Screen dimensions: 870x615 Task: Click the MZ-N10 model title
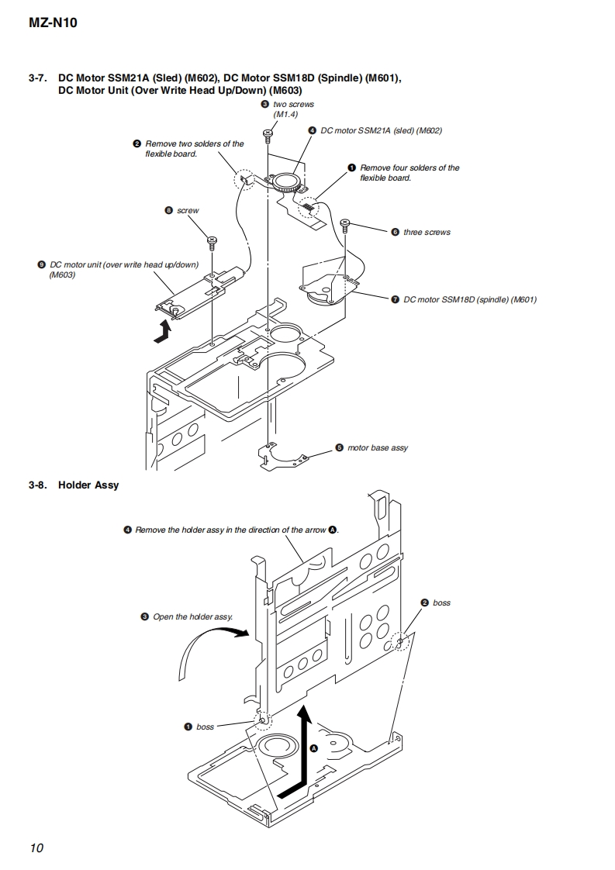point(53,22)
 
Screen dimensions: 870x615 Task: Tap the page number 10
point(36,848)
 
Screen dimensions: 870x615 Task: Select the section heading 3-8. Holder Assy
point(74,485)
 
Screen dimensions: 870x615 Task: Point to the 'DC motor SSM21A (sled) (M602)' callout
point(381,130)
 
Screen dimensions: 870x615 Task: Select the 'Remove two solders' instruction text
point(194,148)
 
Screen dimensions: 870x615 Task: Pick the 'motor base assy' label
point(377,447)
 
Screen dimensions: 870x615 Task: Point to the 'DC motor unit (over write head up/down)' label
point(124,269)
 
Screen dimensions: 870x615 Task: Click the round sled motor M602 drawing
point(286,183)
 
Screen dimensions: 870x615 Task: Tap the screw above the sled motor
point(268,136)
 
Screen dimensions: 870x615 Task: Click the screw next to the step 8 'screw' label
point(211,240)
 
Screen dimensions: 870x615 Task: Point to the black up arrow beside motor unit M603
point(163,330)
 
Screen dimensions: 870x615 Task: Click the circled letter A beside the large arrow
point(313,748)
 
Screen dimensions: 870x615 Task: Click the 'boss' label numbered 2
point(441,602)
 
